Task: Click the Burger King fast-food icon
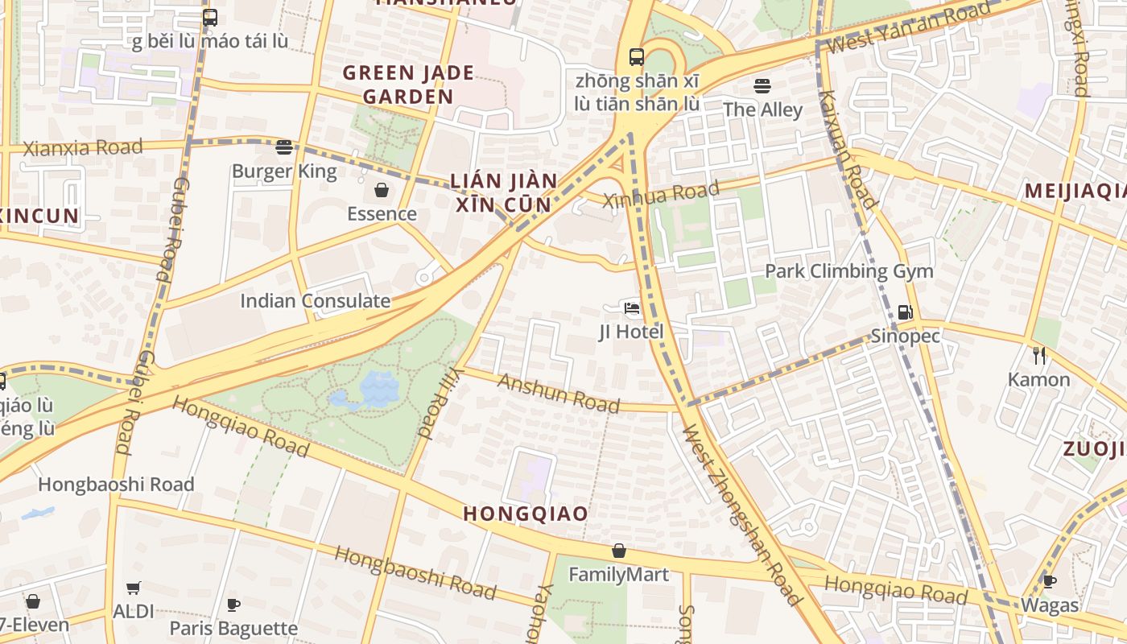pyautogui.click(x=283, y=147)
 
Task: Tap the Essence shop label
pyautogui.click(x=382, y=213)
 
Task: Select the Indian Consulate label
pyautogui.click(x=315, y=301)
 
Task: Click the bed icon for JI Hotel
pyautogui.click(x=632, y=308)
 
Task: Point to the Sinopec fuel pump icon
pyautogui.click(x=905, y=312)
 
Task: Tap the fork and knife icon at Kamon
pyautogui.click(x=1039, y=355)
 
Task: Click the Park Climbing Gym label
pyautogui.click(x=848, y=271)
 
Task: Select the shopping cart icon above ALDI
pyautogui.click(x=134, y=588)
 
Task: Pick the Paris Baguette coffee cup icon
pyautogui.click(x=233, y=605)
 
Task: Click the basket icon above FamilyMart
pyautogui.click(x=619, y=551)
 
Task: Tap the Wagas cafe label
pyautogui.click(x=1050, y=605)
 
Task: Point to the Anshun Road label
pyautogui.click(x=559, y=393)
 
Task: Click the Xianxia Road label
pyautogui.click(x=83, y=148)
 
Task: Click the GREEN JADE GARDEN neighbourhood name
pyautogui.click(x=408, y=85)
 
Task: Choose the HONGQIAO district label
pyautogui.click(x=526, y=514)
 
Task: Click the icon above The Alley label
pyautogui.click(x=762, y=85)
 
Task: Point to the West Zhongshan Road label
pyautogui.click(x=741, y=515)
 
